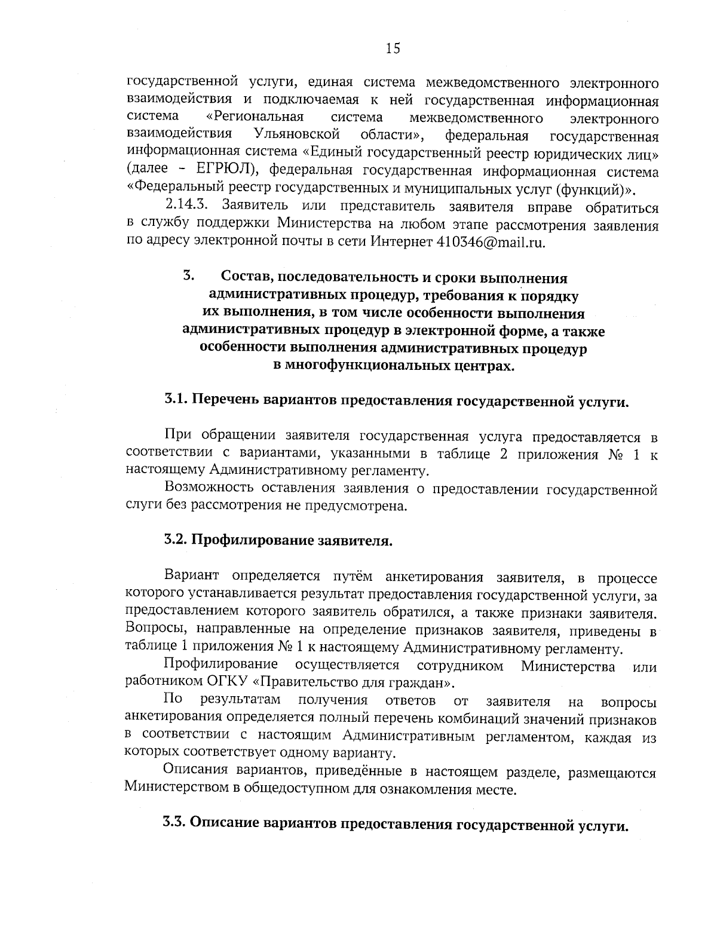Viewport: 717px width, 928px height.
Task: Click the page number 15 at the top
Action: click(x=393, y=48)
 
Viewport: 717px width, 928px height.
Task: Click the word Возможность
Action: click(x=207, y=489)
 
